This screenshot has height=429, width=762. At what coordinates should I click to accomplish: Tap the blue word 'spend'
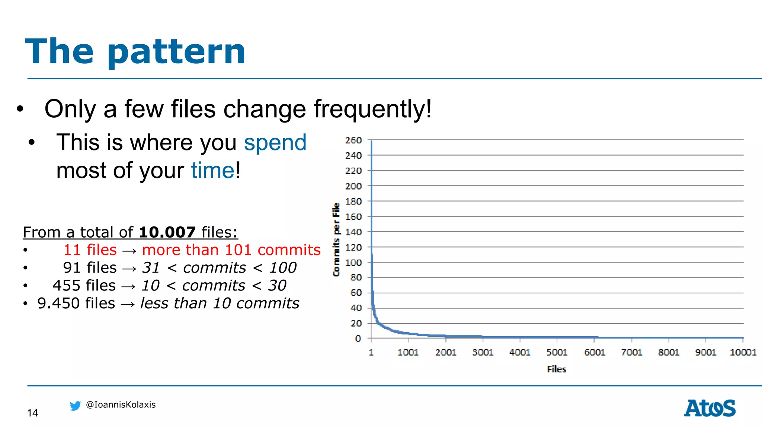[275, 143]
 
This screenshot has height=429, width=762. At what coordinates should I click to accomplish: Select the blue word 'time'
[212, 171]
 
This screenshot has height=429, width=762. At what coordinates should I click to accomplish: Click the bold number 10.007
[167, 232]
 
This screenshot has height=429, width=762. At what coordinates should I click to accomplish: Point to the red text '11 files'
[90, 250]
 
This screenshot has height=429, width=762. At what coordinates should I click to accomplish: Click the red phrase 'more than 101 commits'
[231, 250]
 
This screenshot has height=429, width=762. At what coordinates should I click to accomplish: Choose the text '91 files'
[90, 268]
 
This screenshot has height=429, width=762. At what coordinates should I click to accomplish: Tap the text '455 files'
[84, 286]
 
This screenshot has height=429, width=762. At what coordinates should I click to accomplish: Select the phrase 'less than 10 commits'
[220, 304]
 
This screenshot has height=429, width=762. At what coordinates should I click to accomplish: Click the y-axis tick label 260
[353, 140]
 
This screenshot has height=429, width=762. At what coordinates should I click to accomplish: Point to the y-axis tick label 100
[353, 263]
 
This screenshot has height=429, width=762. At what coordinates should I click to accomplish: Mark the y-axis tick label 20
[356, 323]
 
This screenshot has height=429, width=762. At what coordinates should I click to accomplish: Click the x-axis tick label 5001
[557, 352]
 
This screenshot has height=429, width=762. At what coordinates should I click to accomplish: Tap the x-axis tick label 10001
[743, 352]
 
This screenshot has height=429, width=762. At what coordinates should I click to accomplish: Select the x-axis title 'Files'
[556, 369]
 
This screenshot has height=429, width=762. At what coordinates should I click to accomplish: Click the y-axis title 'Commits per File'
[336, 239]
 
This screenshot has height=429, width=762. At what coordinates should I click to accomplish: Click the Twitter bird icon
[75, 406]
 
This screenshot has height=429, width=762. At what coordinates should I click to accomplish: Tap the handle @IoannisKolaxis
[121, 405]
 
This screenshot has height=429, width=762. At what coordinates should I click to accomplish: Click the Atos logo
[710, 409]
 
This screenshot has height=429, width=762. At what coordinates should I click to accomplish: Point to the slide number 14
[32, 413]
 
